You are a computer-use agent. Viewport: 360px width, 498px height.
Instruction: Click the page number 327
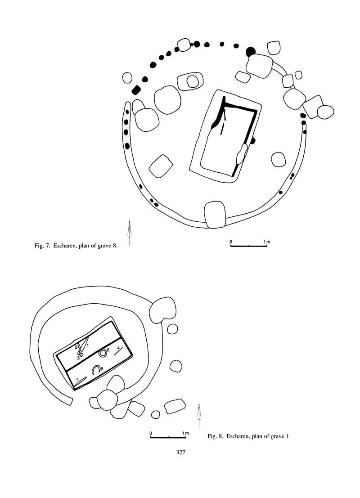(x=180, y=453)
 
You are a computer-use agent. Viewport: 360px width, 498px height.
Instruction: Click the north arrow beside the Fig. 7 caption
(x=130, y=233)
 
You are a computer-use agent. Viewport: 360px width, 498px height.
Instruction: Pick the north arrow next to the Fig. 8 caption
(x=199, y=416)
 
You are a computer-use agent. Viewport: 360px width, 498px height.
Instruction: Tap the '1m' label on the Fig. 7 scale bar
(x=267, y=242)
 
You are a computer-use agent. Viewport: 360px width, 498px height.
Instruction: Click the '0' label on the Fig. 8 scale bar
(x=151, y=433)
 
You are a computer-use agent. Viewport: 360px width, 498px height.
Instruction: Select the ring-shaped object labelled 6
(x=103, y=353)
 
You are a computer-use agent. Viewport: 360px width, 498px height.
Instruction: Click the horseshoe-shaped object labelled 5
(x=96, y=370)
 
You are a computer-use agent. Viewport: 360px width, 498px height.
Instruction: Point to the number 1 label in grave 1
(x=88, y=345)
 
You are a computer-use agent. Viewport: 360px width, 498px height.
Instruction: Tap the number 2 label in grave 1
(x=76, y=347)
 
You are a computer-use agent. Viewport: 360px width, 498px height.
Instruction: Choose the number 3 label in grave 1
(x=78, y=358)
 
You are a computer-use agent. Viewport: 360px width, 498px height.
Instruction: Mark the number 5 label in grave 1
(x=102, y=368)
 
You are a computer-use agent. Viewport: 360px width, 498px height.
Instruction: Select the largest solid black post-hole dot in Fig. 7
(x=250, y=52)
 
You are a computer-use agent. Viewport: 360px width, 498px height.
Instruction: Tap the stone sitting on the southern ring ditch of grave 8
(x=215, y=214)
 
